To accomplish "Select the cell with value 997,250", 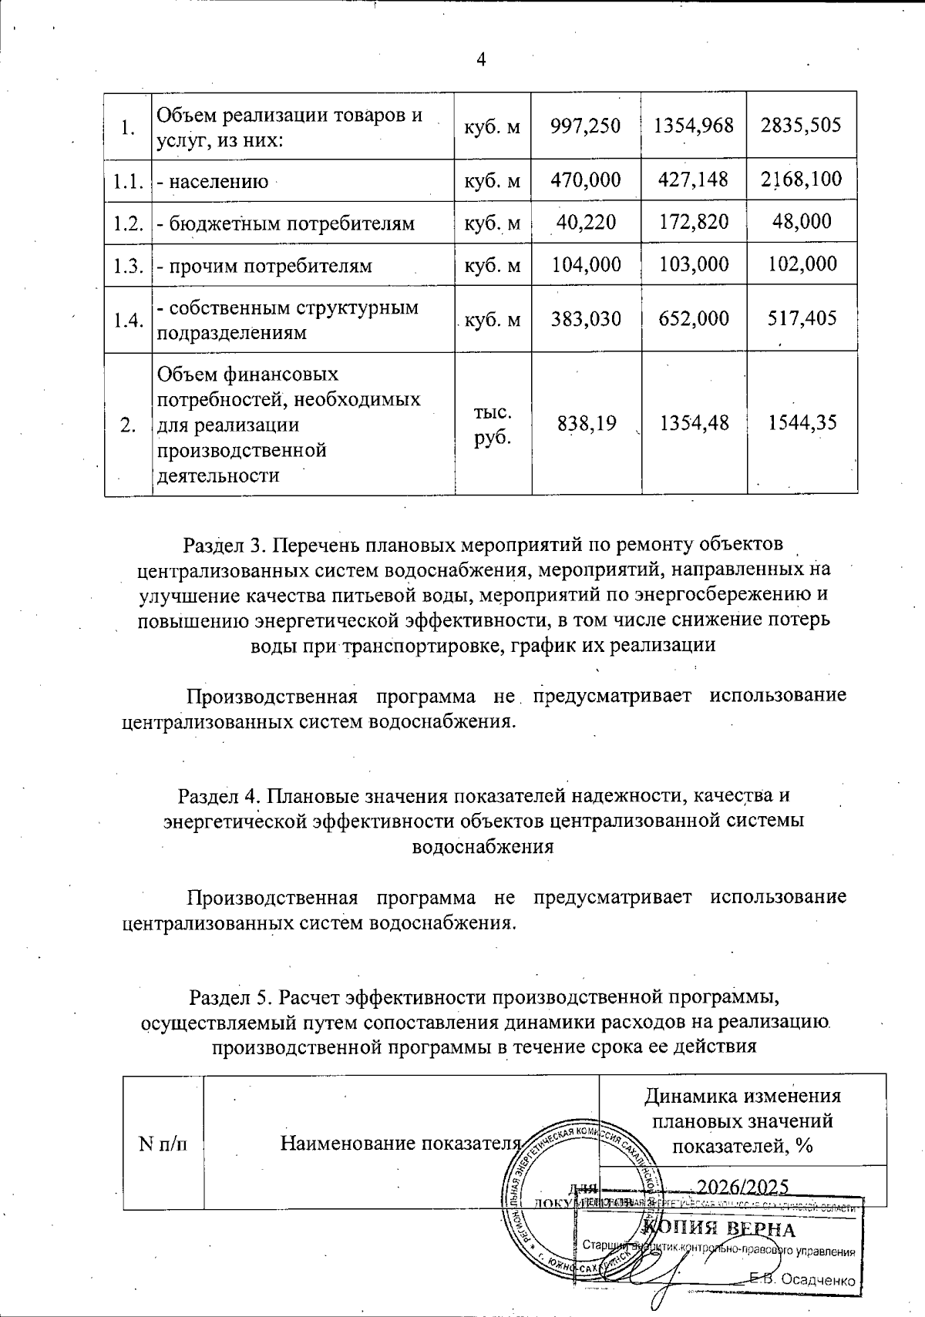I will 586,126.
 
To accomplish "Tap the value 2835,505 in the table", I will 801,126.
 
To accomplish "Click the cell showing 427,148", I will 693,180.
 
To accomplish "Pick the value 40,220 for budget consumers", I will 586,223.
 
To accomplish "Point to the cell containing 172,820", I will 693,223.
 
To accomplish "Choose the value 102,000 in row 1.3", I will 801,264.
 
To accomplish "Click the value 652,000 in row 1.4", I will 693,318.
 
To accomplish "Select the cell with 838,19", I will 586,423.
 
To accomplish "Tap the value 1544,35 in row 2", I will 801,423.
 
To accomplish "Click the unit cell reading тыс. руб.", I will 492,423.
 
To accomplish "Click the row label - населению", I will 213,182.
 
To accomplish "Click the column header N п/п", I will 163,1143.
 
